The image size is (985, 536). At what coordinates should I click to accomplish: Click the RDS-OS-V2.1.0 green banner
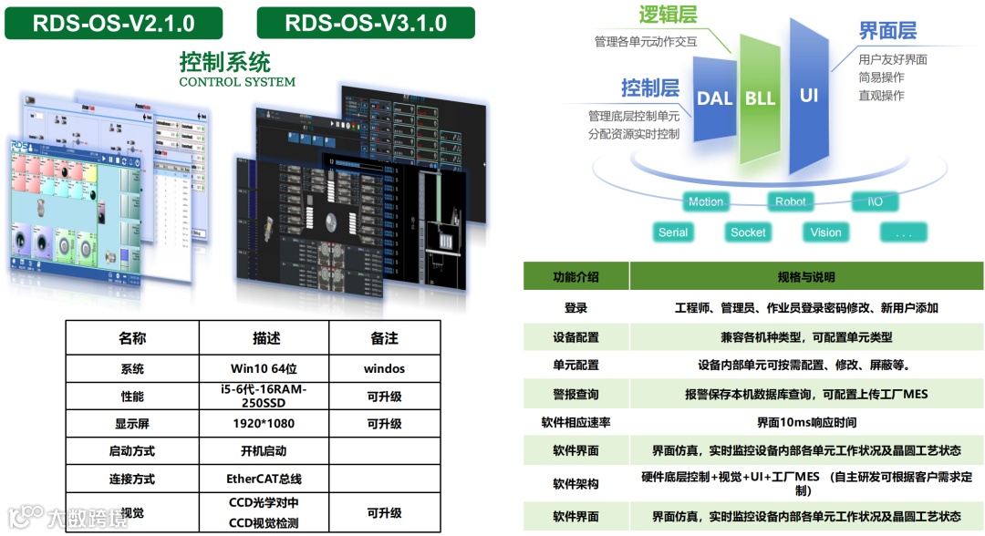pos(114,23)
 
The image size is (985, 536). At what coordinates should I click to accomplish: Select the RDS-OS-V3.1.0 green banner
pos(366,23)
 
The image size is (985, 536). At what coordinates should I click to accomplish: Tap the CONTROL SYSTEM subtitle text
pos(237,82)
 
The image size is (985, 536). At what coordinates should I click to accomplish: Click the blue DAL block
pos(714,98)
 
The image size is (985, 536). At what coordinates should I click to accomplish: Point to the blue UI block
pos(808,95)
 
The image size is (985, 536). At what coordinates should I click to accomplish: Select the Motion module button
pos(705,201)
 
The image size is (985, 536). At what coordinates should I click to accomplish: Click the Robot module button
pos(790,201)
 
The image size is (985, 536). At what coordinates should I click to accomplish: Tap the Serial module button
pos(673,232)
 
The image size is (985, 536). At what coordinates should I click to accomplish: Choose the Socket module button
pos(748,232)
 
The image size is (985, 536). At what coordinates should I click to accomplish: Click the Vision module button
pos(825,232)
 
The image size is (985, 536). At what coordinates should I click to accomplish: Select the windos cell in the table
pos(384,369)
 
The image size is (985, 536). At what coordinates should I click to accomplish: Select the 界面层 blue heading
pos(887,30)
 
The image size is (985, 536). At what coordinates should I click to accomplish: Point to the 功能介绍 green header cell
pos(575,277)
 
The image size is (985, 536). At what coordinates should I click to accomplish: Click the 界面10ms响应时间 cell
pos(806,423)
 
